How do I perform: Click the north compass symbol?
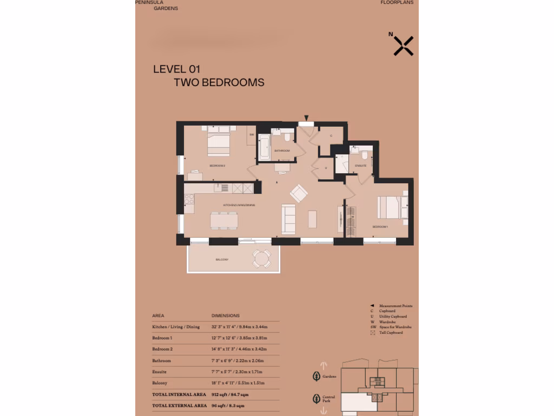point(403,46)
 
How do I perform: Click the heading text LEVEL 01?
point(177,69)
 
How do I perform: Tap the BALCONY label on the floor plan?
point(222,260)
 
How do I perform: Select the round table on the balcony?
point(262,259)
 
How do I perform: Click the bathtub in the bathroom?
point(264,148)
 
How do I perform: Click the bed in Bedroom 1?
point(391,207)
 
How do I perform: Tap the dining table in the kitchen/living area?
point(223,220)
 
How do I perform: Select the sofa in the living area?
point(289,219)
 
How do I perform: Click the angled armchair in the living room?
point(299,193)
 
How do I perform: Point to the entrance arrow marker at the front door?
point(307,118)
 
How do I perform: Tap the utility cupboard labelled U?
point(326,168)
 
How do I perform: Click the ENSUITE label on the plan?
point(361,165)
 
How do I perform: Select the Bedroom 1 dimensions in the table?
point(239,338)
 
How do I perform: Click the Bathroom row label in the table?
point(162,361)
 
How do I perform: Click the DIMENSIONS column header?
point(225,315)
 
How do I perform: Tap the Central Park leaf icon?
point(316,399)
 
